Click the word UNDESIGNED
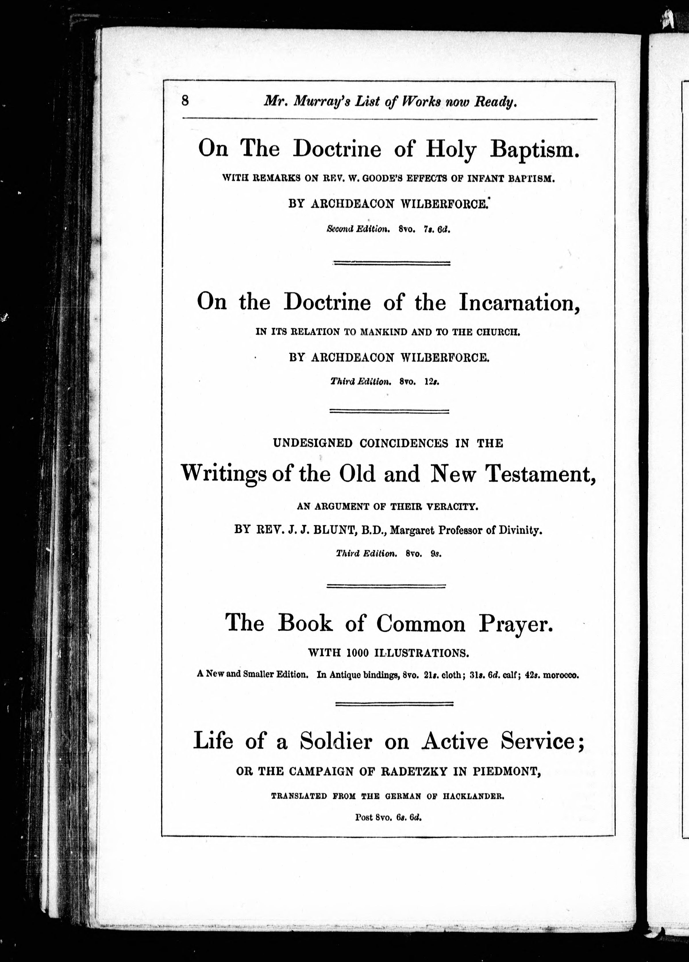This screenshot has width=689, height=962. coord(312,443)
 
